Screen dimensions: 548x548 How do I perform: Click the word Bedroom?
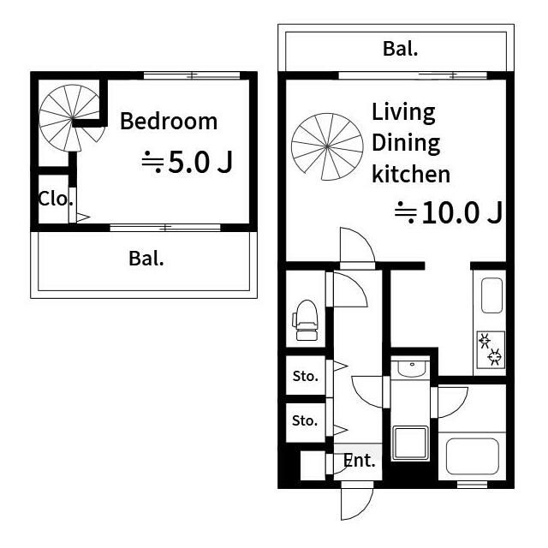pos(169,122)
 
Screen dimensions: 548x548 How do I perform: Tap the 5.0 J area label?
pos(187,162)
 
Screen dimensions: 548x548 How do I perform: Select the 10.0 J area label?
pos(449,212)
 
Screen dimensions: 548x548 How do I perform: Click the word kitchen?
pos(411,174)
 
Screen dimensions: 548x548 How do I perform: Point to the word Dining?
pos(406,144)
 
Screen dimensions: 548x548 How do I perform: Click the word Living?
pos(403,113)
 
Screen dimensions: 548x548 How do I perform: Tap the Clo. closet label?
pos(56,200)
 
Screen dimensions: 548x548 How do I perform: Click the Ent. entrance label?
pos(360,461)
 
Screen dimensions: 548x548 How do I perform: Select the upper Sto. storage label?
pos(306,377)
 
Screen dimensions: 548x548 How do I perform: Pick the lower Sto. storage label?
pos(305,420)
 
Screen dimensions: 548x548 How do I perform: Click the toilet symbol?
pos(305,320)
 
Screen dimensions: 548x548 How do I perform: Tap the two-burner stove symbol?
pos(491,349)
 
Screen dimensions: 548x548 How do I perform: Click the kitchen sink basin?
pos(491,295)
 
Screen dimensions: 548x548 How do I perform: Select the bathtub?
pos(473,456)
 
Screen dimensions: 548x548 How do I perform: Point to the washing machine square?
pos(410,444)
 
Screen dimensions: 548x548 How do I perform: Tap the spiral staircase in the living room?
pos(327,146)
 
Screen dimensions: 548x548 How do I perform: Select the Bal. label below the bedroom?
pos(146,259)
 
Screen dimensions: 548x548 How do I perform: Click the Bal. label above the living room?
pos(400,49)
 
